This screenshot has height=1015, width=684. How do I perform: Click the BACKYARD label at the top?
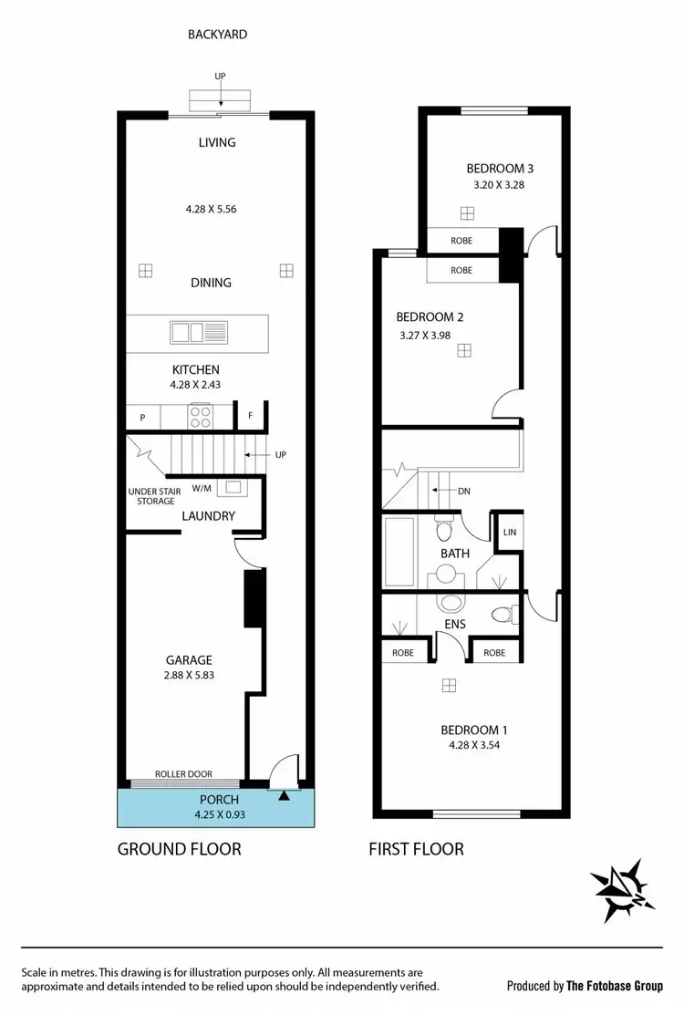click(218, 35)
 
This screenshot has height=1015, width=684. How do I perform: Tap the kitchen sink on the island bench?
click(197, 332)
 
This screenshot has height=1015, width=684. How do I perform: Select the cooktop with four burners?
click(199, 417)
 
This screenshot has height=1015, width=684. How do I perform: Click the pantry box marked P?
click(143, 418)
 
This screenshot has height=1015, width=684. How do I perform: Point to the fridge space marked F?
click(250, 417)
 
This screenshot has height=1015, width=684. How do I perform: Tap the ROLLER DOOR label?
click(183, 774)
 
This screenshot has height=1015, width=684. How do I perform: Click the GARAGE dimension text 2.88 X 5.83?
click(189, 676)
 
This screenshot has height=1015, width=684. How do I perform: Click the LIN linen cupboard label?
click(509, 532)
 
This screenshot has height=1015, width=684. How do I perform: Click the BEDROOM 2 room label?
click(430, 317)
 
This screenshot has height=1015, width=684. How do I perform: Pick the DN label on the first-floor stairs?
click(464, 491)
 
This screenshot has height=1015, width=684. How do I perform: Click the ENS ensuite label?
click(455, 625)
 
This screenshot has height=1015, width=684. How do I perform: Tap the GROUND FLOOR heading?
click(180, 849)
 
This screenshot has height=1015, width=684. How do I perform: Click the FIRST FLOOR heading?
click(416, 849)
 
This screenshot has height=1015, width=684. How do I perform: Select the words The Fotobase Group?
click(624, 986)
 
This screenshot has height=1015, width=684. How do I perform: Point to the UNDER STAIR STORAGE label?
click(154, 496)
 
